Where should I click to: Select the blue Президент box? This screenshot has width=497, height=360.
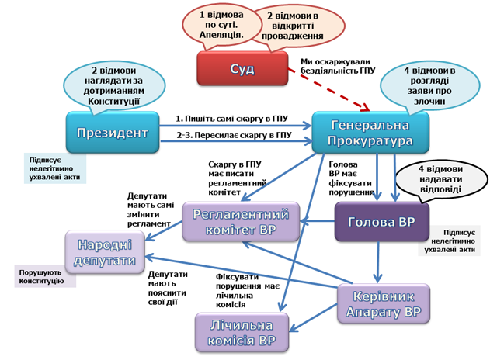pyautogui.click(x=112, y=133)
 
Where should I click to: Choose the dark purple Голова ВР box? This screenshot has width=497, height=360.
pyautogui.click(x=382, y=223)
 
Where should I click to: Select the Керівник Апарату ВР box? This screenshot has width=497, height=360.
pyautogui.click(x=383, y=305)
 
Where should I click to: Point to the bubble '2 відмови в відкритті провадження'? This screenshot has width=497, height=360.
pyautogui.click(x=291, y=26)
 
